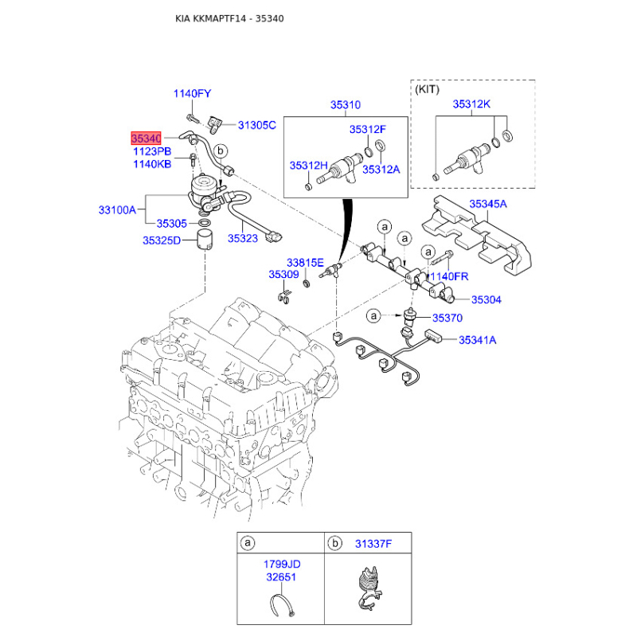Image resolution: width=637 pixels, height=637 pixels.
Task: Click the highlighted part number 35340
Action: [x=147, y=138]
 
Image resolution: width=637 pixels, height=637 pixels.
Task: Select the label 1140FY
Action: [x=192, y=94]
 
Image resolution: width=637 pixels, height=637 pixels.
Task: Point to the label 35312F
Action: [x=367, y=129]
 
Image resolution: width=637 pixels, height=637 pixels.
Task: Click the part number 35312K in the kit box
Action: [x=471, y=104]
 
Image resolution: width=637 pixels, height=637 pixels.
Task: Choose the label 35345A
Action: [x=487, y=204]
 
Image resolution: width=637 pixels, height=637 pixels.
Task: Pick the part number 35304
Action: [x=486, y=300]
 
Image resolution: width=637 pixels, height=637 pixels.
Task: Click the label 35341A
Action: [x=476, y=340]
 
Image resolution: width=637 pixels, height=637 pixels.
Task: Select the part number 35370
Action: [x=447, y=317]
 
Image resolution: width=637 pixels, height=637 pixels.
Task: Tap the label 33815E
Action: [x=305, y=262]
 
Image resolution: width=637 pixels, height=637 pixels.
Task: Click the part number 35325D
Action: [x=162, y=240]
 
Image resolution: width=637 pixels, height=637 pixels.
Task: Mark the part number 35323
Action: [x=242, y=237]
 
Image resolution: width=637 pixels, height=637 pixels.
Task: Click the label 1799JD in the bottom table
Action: [x=282, y=564]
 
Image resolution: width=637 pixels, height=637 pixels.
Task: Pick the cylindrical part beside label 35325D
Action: [x=207, y=240]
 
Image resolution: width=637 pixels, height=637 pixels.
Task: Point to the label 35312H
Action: [x=308, y=166]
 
